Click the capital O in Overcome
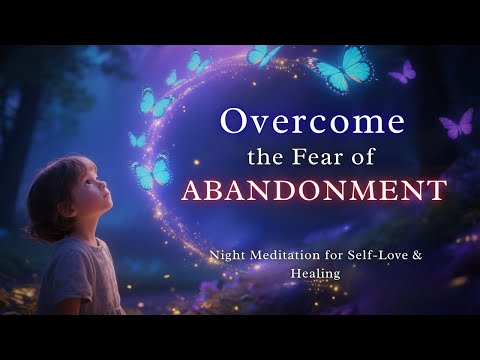[x=232, y=123]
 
